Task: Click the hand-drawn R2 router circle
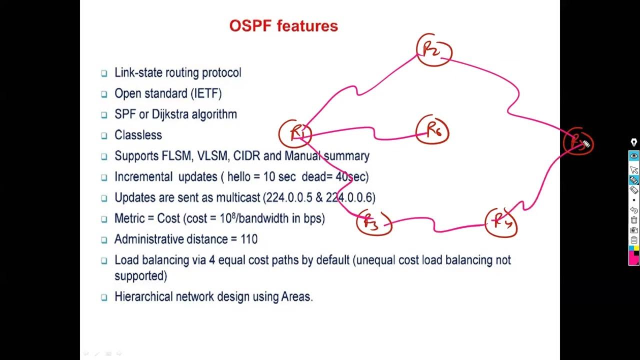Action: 434,50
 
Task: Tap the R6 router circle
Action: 432,131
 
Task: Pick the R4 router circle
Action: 501,222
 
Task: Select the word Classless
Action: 138,135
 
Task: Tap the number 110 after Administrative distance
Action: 249,239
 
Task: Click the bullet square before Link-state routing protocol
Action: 104,73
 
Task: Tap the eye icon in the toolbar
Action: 633,156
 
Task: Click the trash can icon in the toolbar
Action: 633,220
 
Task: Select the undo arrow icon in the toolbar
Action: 633,210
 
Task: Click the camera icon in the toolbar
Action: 633,230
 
